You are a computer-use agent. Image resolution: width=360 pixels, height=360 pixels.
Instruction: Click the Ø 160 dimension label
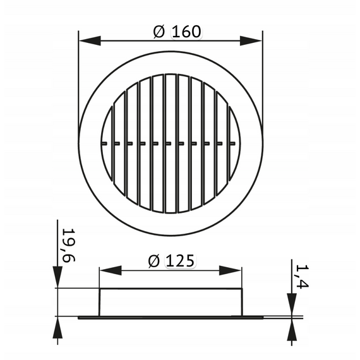pyautogui.click(x=177, y=32)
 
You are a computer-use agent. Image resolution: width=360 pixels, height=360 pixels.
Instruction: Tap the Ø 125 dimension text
pyautogui.click(x=172, y=261)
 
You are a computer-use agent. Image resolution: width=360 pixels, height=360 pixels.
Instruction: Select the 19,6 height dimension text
pyautogui.click(x=69, y=245)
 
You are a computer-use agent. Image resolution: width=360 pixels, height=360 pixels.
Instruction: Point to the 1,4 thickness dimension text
pyautogui.click(x=302, y=276)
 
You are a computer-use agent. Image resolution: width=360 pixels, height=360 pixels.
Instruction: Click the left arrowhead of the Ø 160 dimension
pyautogui.click(x=90, y=41)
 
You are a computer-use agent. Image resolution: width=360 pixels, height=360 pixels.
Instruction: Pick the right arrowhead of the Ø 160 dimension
pyautogui.click(x=251, y=41)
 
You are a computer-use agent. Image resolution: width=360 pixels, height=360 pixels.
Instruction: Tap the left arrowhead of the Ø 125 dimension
pyautogui.click(x=111, y=270)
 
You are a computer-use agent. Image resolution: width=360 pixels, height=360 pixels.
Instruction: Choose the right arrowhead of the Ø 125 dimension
pyautogui.click(x=230, y=270)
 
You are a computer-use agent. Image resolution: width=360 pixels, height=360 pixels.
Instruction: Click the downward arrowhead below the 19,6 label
pyautogui.click(x=57, y=277)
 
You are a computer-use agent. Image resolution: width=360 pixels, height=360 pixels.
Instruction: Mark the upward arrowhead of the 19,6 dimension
pyautogui.click(x=57, y=328)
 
